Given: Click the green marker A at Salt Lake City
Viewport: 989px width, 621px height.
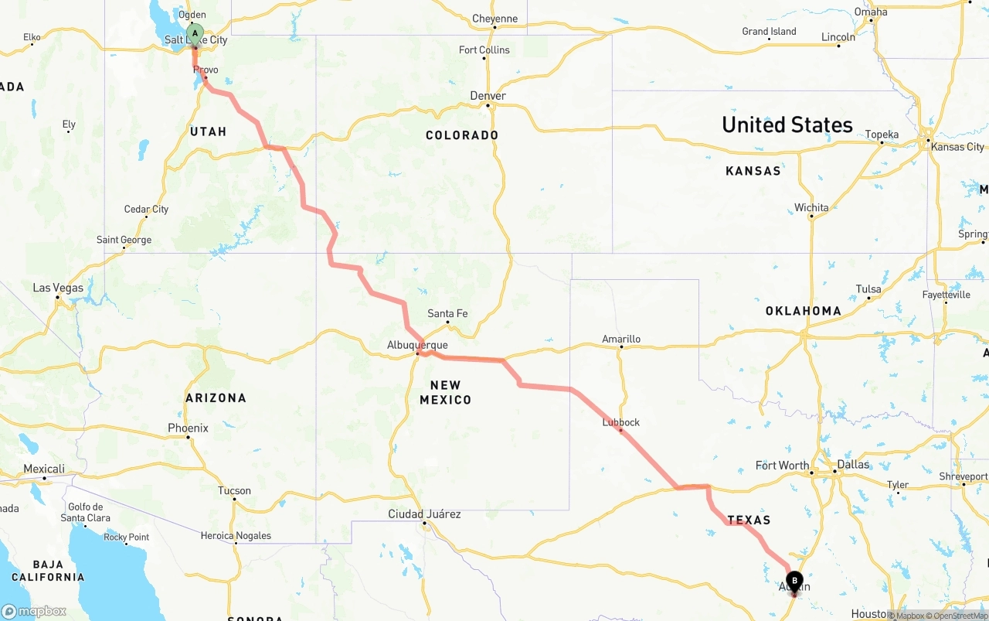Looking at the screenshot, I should [x=195, y=34].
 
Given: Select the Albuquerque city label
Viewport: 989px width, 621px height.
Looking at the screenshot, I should [x=417, y=345].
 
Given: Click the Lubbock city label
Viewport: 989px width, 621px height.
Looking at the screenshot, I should [x=621, y=422].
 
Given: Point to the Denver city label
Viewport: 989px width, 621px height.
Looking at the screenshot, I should [x=488, y=96].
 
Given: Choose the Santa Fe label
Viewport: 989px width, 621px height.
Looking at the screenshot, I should [x=447, y=313].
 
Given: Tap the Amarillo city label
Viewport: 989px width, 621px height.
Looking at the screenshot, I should [x=621, y=339].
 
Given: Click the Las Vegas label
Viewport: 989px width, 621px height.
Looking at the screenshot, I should [x=58, y=288].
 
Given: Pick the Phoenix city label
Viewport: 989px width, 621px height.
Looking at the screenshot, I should [x=188, y=428].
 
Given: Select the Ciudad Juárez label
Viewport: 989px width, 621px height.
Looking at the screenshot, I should [x=424, y=514].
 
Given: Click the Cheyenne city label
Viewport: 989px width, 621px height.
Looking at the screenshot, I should [x=494, y=19].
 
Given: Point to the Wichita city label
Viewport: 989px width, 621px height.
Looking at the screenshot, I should [x=811, y=207].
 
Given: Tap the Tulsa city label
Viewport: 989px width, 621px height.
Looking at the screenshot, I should [x=868, y=289].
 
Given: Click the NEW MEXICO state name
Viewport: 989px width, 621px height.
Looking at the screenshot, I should [x=445, y=392].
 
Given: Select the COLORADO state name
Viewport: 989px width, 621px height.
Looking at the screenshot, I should [x=462, y=135].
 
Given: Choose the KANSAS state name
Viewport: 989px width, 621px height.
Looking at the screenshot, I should [x=753, y=171].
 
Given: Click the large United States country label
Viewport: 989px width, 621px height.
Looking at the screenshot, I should [x=787, y=125].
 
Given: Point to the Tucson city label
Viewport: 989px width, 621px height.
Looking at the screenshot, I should [x=234, y=490].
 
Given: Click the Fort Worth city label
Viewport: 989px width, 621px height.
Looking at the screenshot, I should [x=782, y=466].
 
